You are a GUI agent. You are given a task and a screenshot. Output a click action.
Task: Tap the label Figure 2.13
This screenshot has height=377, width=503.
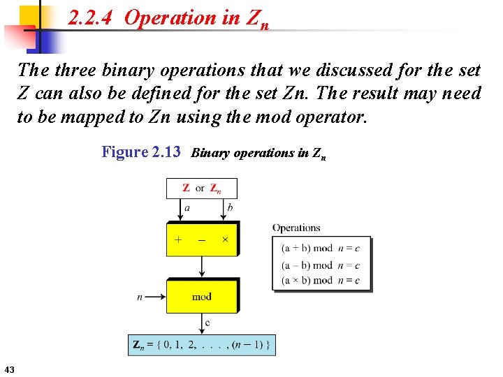click(x=141, y=151)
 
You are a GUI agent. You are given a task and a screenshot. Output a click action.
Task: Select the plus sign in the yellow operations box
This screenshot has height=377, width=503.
click(x=179, y=239)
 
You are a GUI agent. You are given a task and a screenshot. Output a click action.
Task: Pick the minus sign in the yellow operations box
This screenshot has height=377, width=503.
click(x=202, y=239)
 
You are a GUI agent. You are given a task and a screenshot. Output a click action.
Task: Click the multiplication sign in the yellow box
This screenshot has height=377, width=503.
click(x=225, y=239)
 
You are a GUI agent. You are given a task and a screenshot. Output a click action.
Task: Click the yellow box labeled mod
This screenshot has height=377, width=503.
click(x=202, y=297)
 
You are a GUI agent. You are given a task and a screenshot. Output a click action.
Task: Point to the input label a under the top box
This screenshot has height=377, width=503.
click(x=187, y=208)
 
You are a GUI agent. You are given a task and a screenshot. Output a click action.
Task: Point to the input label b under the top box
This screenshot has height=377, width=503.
click(x=231, y=208)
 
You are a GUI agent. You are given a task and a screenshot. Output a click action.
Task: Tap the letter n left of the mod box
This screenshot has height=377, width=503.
click(x=140, y=297)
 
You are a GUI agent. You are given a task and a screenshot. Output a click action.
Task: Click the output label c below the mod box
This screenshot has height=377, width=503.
click(x=207, y=323)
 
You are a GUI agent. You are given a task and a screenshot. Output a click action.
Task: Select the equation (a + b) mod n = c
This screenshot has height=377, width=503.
click(x=321, y=248)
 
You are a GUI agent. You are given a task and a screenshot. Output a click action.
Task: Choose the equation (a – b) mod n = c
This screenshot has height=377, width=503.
click(x=321, y=265)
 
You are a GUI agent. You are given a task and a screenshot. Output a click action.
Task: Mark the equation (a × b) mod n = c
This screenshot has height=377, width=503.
click(x=321, y=281)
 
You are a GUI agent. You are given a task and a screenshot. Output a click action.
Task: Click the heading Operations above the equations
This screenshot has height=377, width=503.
click(x=296, y=228)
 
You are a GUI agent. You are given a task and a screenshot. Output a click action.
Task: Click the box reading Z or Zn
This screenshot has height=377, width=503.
click(x=202, y=188)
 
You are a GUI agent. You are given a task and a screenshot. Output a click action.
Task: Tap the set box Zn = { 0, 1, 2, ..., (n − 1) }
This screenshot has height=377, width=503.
click(x=202, y=344)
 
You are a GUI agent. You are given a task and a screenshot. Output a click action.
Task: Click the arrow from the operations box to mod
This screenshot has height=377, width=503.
click(x=202, y=266)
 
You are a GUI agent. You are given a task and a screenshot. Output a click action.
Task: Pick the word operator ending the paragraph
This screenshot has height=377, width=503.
click(x=331, y=116)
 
